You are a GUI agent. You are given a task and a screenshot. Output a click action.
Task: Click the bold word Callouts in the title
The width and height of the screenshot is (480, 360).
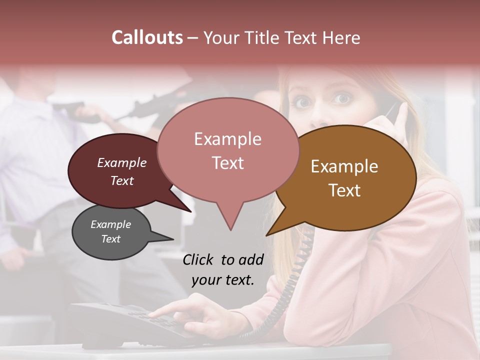click(x=147, y=37)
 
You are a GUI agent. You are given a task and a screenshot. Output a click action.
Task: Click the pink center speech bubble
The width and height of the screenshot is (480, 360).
click(x=228, y=150)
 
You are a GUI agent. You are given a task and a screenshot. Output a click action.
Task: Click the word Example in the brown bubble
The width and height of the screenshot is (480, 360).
click(x=344, y=166)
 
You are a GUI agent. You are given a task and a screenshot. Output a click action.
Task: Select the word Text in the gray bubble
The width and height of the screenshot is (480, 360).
click(x=111, y=239)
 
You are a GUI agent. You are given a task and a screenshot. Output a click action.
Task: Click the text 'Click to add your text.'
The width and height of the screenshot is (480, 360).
click(x=223, y=269)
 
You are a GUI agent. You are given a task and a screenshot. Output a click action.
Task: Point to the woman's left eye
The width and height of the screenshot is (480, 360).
click(x=342, y=98)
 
